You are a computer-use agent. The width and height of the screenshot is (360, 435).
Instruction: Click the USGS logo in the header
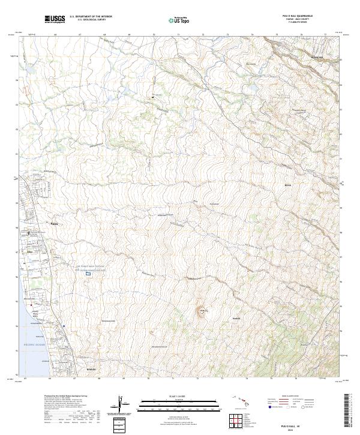pyautogui.click(x=55, y=19)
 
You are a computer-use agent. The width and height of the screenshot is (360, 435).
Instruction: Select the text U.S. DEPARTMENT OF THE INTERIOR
pyautogui.click(x=91, y=17)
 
